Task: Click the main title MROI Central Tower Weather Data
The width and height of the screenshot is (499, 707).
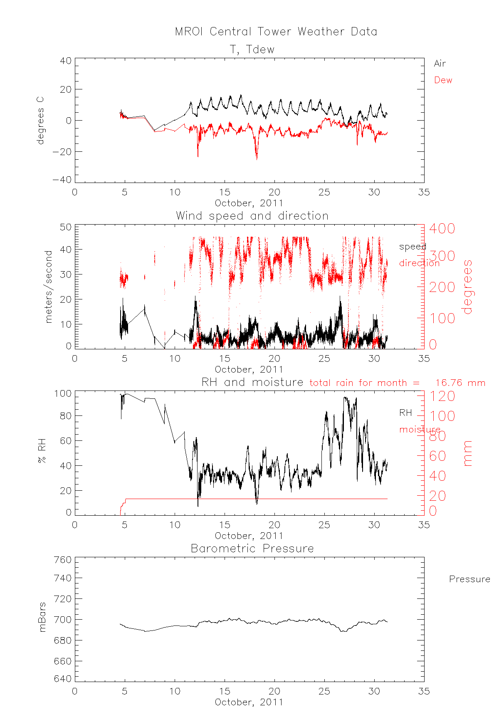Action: (276, 32)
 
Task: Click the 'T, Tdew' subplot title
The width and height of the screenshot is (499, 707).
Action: (252, 49)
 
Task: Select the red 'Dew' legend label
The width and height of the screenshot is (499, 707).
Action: (443, 80)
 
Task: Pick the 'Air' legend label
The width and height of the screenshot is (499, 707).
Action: (440, 64)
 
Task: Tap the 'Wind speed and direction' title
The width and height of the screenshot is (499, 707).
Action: (252, 216)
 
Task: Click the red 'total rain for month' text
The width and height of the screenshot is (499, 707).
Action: (364, 383)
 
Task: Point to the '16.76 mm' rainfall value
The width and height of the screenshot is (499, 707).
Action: (460, 383)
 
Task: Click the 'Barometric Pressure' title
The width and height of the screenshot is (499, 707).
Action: (252, 549)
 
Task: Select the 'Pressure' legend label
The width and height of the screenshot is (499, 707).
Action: (469, 579)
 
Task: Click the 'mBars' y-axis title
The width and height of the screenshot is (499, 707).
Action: (42, 617)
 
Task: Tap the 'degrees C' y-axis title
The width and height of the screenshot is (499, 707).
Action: (40, 121)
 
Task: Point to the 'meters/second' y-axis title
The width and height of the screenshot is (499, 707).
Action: (49, 287)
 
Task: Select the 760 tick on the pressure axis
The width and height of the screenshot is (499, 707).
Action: (62, 560)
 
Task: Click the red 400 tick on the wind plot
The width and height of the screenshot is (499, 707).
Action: (442, 228)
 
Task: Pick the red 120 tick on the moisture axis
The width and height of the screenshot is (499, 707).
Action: (442, 396)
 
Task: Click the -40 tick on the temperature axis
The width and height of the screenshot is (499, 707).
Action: (62, 180)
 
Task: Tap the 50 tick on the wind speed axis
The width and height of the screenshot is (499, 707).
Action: (66, 227)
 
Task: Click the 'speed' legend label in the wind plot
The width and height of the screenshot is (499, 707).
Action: (413, 246)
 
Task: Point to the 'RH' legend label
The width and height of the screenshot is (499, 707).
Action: (405, 413)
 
